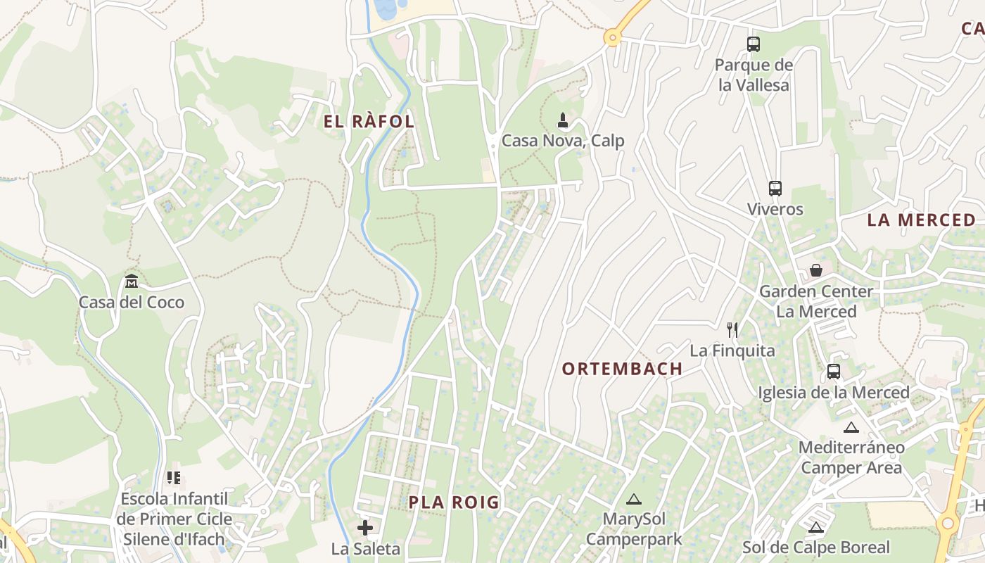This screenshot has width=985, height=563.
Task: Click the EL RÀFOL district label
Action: coord(369,121)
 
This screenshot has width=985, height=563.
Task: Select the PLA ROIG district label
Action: coord(454,502)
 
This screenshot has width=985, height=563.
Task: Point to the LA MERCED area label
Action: coord(921,220)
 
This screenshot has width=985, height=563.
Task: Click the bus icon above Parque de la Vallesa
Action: coord(754,44)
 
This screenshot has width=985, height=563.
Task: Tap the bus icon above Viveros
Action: coord(775,189)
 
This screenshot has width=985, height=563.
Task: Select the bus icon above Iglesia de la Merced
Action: coord(834,372)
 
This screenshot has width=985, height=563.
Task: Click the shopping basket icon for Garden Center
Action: coord(816,270)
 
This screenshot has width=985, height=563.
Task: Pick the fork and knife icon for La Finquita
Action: coord(732,329)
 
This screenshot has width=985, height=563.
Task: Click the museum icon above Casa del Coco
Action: coord(132,281)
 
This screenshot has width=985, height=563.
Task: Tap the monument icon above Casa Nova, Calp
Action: coord(562,120)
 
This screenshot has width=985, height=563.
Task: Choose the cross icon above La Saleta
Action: coord(365,528)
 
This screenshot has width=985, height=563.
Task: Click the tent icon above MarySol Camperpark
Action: coord(634,500)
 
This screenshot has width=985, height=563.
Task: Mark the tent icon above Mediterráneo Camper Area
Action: coord(851,427)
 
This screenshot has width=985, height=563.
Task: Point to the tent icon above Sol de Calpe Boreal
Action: coord(816,527)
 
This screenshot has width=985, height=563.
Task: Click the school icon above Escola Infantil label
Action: coord(173,479)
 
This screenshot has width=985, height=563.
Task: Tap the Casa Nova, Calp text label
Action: coord(562,141)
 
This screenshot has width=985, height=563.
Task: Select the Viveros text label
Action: coord(775,209)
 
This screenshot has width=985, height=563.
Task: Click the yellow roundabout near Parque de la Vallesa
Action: coord(613,38)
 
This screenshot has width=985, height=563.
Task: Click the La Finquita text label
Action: coord(732,350)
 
